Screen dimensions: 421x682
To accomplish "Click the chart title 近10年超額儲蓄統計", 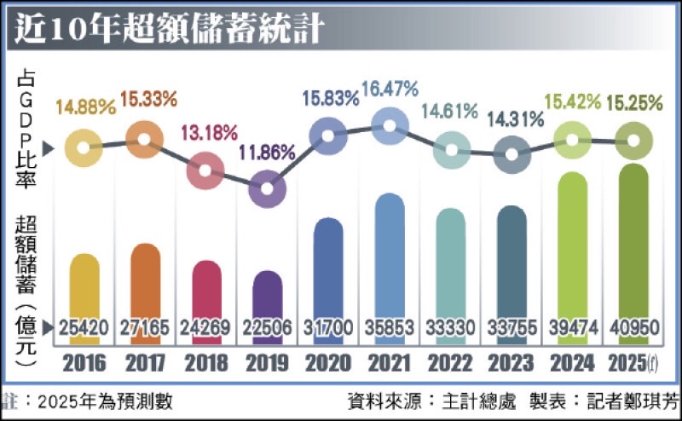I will point(167,27).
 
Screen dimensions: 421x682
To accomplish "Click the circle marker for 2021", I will point(389,127).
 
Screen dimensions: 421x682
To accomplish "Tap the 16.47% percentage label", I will point(389,89).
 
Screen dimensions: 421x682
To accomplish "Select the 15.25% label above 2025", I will point(633,103).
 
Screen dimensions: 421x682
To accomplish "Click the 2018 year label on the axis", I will point(205,364).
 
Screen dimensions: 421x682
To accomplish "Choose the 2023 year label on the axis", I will point(511,364).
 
